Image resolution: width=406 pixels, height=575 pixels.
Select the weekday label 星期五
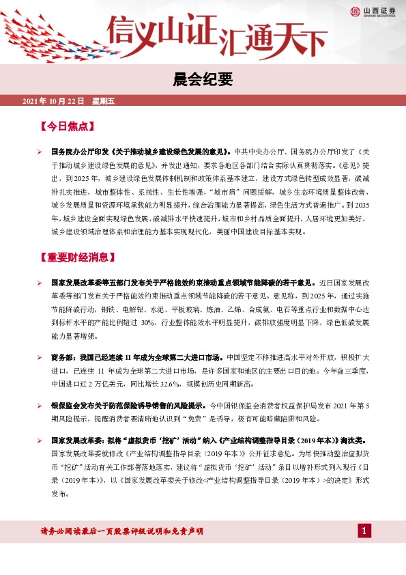coord(103,101)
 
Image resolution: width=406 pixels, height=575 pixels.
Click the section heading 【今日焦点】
coord(67,126)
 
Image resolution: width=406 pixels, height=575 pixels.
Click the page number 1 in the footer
coord(365,531)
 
